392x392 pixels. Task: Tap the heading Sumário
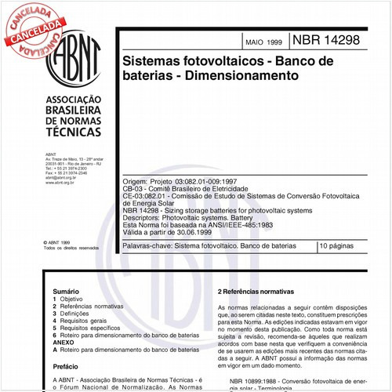click(66, 290)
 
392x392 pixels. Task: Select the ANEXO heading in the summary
click(64, 342)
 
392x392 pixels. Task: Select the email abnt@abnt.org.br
click(60, 178)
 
